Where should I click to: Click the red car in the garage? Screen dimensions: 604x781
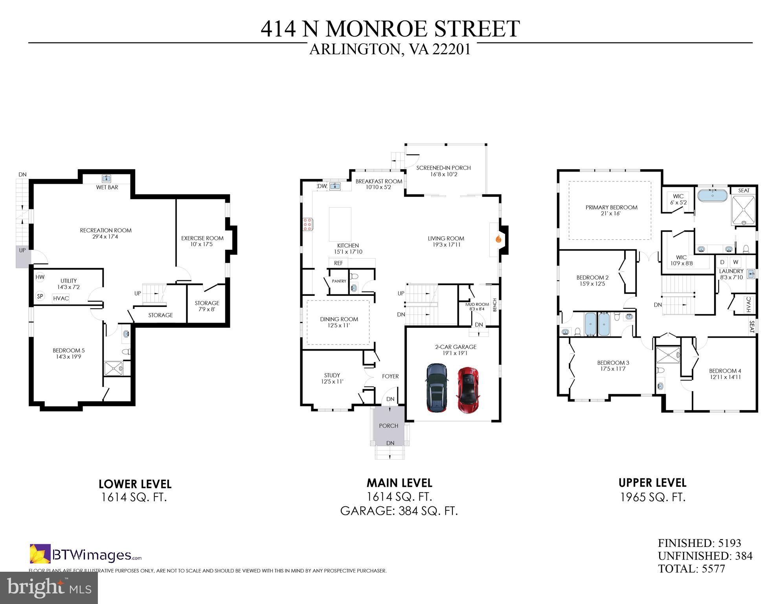[468, 390]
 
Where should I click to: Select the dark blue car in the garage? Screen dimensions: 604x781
[436, 388]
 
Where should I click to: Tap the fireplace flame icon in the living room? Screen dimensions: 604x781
[498, 238]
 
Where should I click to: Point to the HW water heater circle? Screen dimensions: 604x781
[40, 277]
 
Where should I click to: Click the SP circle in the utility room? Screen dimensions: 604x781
[40, 296]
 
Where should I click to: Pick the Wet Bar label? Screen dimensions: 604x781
[107, 187]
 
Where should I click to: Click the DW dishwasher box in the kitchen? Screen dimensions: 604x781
[322, 186]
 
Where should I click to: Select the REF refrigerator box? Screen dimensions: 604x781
[338, 263]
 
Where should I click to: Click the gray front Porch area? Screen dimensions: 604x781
[388, 426]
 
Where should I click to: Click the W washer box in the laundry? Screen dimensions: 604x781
[736, 262]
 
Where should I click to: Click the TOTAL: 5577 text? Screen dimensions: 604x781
[691, 569]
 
